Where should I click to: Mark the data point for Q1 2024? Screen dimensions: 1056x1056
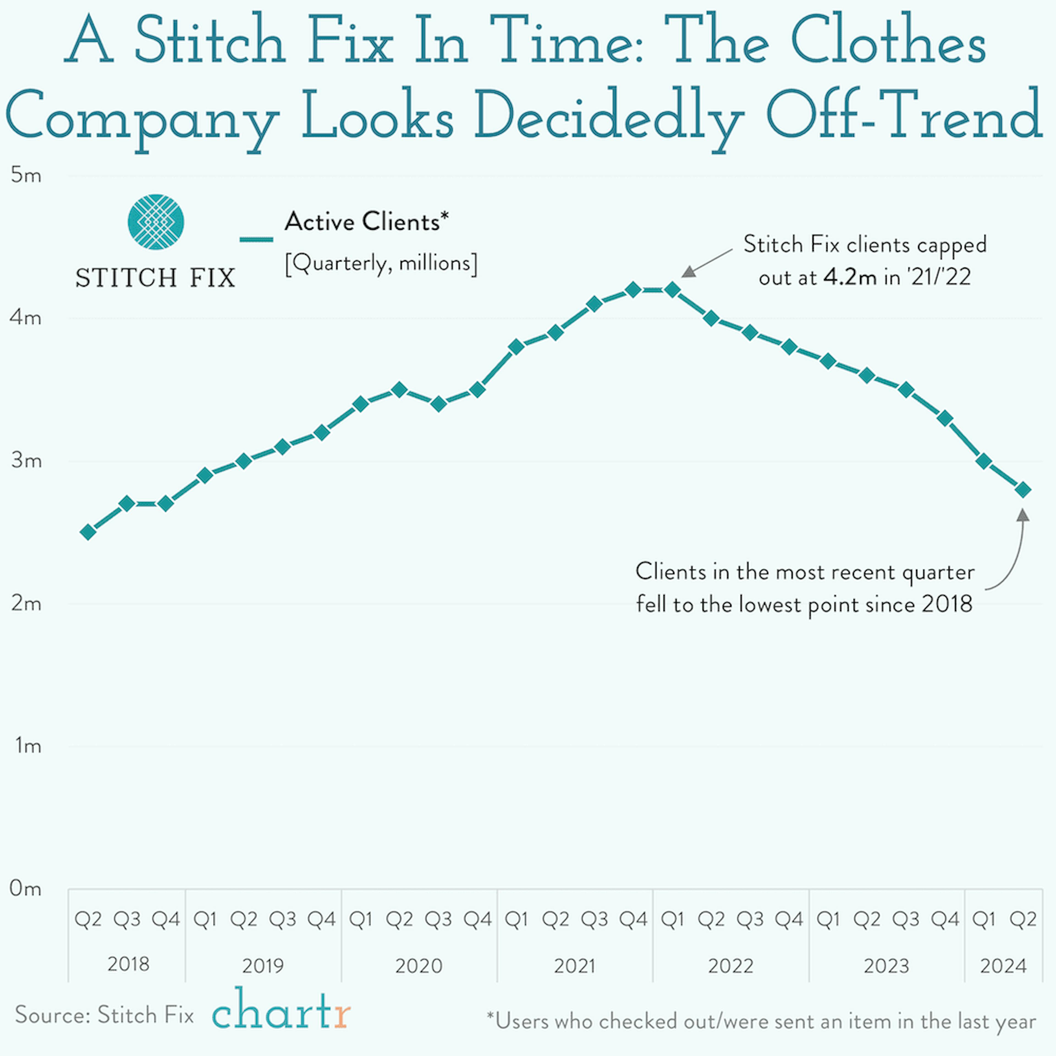point(984,461)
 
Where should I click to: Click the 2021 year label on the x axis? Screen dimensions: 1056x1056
point(574,966)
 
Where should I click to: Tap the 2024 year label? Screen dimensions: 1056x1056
point(1003,966)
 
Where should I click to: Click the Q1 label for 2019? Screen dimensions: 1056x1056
point(205,919)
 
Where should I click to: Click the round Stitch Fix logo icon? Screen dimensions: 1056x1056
point(156,222)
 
